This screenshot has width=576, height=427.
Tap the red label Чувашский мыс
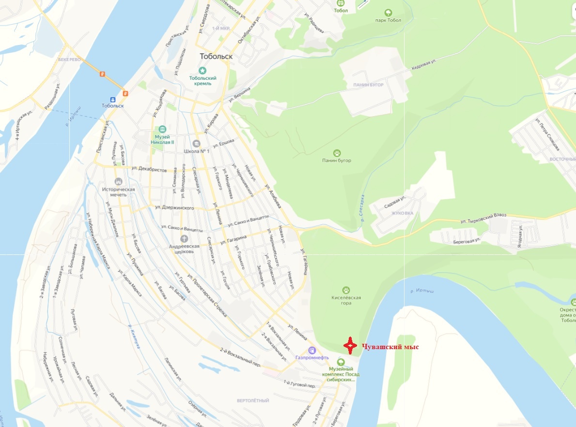click(390, 347)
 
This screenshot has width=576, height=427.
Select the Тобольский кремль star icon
click(202, 71)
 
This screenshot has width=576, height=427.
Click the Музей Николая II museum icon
click(162, 129)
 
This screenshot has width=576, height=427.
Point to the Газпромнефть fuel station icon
click(312, 350)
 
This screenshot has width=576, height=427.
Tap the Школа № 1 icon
click(196, 144)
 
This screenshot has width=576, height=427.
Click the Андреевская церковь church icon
click(184, 238)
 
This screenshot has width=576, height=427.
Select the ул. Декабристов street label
click(149, 170)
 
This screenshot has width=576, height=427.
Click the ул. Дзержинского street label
click(174, 208)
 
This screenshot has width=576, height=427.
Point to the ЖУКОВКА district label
click(402, 212)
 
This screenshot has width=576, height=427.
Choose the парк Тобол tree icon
click(388, 13)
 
